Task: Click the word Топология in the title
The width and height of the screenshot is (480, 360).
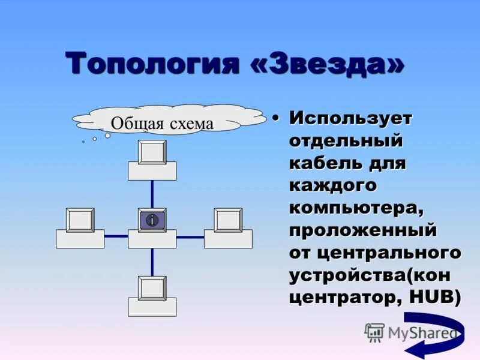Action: point(151,64)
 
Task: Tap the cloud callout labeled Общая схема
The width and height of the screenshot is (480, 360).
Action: point(162,122)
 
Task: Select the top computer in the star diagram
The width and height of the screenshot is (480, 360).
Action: point(152,160)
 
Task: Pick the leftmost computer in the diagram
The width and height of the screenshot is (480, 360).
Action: point(80,228)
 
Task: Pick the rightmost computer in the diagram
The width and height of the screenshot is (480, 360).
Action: point(228,228)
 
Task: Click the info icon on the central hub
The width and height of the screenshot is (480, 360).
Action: point(152,220)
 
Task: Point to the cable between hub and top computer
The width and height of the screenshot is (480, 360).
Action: point(152,194)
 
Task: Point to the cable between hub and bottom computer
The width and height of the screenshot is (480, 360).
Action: point(152,262)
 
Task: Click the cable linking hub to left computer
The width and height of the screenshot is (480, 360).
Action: point(116,236)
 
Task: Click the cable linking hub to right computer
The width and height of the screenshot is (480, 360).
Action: point(190,236)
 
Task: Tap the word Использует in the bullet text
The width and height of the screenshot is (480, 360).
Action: point(351,118)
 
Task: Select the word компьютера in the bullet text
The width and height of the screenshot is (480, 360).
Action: point(356,208)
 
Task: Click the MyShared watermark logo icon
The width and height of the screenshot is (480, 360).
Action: point(374,332)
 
